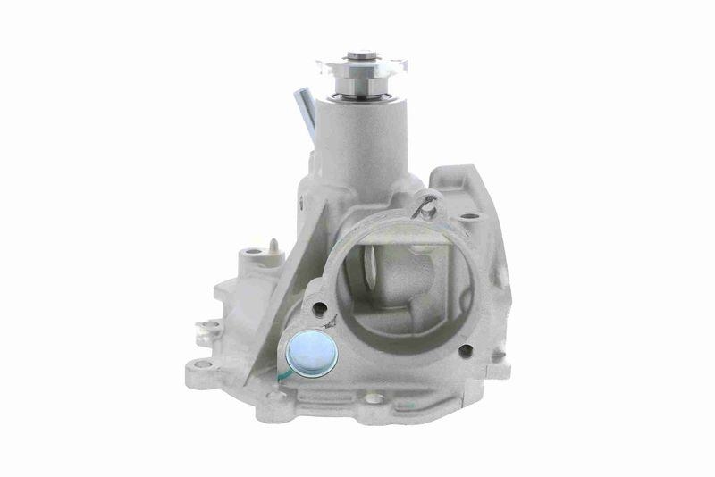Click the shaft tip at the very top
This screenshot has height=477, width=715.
tap(361, 54)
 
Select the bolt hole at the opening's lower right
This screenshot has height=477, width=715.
tap(465, 347)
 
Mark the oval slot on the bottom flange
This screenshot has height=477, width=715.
tap(374, 398)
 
